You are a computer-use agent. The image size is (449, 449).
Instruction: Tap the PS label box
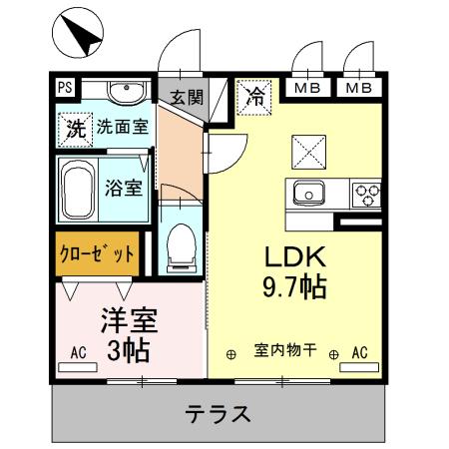coord(65,88)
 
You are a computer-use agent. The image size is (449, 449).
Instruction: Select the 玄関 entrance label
coord(185,97)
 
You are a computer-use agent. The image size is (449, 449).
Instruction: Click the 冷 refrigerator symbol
coord(253,97)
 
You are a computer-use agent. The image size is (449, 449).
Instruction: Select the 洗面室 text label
coord(121,128)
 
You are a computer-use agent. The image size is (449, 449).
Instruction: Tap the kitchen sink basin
coord(309,192)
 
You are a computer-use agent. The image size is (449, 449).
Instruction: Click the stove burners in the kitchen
coord(365,193)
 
